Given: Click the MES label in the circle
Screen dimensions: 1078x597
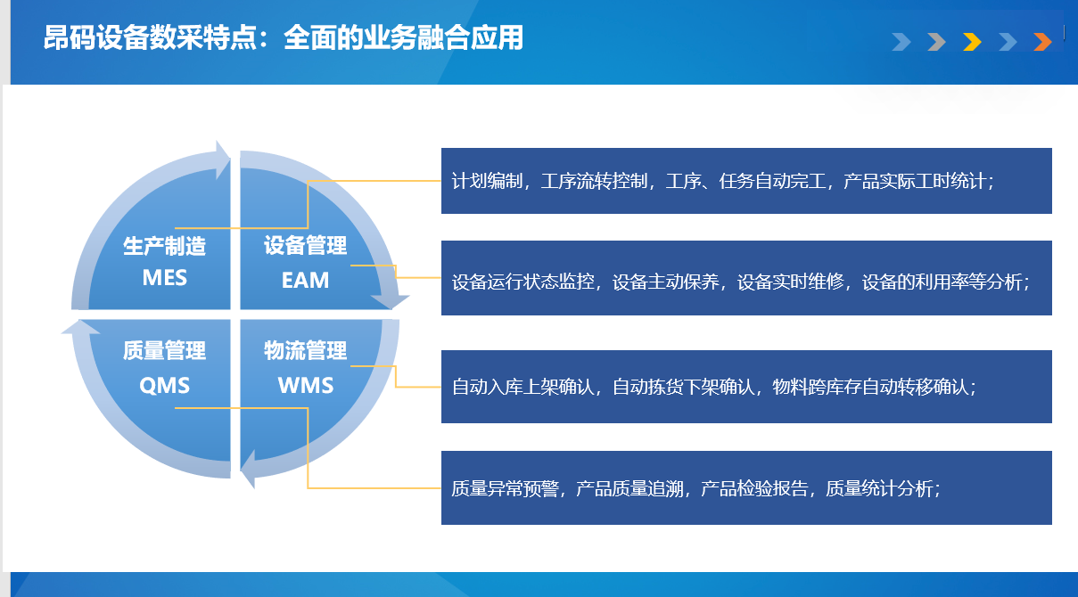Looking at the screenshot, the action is pyautogui.click(x=165, y=278).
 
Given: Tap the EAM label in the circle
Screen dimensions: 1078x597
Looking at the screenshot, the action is pyautogui.click(x=305, y=280).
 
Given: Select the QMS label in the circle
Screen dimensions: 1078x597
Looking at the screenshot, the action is pyautogui.click(x=165, y=385).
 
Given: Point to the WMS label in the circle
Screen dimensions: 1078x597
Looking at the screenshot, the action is pyautogui.click(x=306, y=385).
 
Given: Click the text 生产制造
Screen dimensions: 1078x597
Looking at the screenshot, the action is pyautogui.click(x=165, y=246).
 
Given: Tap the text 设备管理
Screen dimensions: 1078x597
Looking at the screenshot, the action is pyautogui.click(x=305, y=245).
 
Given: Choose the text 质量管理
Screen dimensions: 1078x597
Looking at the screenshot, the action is pyautogui.click(x=165, y=350).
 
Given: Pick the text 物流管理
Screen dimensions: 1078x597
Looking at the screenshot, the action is pyautogui.click(x=305, y=350).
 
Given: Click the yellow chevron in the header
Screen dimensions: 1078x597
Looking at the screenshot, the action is pyautogui.click(x=972, y=42).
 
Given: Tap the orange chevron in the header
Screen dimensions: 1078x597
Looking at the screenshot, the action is pyautogui.click(x=1043, y=42).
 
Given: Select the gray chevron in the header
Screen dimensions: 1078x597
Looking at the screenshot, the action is pyautogui.click(x=936, y=42).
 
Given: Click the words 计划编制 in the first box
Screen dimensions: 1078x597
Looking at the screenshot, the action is pyautogui.click(x=487, y=182).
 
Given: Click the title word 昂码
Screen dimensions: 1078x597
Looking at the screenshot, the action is pyautogui.click(x=70, y=38).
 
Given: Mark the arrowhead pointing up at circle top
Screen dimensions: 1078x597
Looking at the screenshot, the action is pyautogui.click(x=222, y=159).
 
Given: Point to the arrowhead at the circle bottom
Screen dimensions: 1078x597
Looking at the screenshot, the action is pyautogui.click(x=248, y=469).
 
